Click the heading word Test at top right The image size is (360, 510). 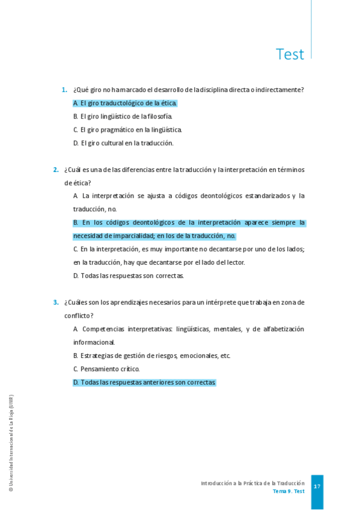290,54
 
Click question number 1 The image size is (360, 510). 64,90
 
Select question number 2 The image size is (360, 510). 56,170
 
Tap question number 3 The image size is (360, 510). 56,302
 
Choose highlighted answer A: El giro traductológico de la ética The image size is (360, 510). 125,103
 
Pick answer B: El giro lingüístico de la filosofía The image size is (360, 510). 123,116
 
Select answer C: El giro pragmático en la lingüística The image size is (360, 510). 127,129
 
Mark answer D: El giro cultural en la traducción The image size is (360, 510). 123,143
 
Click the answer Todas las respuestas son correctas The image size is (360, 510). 129,275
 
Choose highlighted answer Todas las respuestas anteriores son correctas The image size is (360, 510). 144,382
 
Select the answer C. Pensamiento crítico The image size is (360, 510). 106,369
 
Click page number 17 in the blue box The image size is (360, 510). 317,486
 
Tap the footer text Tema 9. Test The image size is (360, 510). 288,491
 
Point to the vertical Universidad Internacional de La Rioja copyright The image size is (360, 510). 11,444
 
